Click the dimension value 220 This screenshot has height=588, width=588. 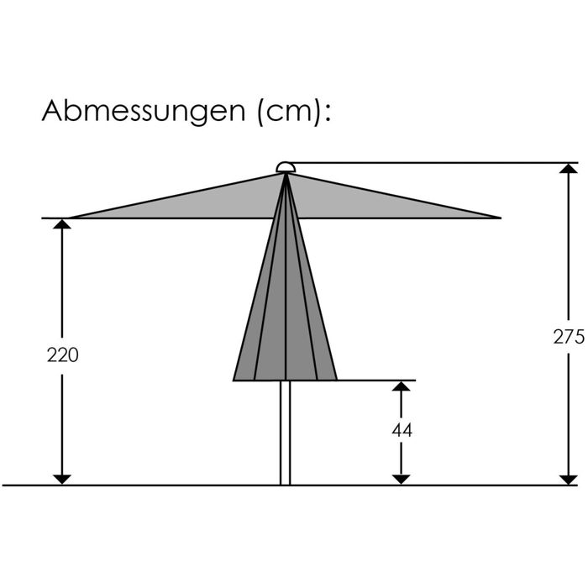coord(63,354)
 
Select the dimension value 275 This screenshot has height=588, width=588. coord(569,336)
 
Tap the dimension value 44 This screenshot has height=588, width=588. coord(402,430)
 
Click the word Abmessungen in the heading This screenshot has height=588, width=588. coord(144,112)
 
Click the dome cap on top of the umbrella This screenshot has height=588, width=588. coord(286,167)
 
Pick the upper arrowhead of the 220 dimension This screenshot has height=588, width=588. coord(62,224)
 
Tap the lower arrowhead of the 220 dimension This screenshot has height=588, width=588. coord(62,480)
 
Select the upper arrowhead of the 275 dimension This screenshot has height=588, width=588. coord(569,168)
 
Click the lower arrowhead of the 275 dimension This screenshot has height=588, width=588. coord(569,480)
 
